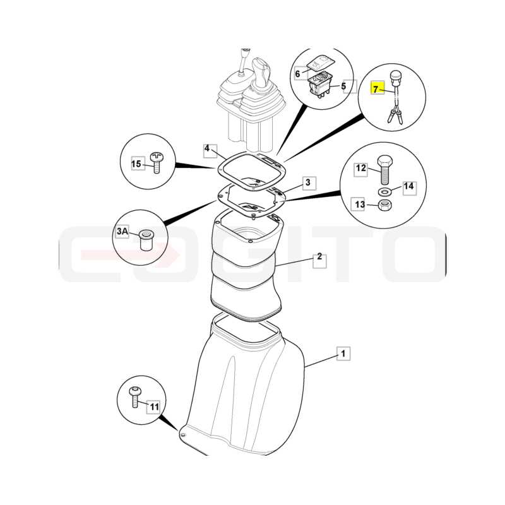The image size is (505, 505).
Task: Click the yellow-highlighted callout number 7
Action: coord(375,88)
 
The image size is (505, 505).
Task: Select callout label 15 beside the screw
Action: coord(136,164)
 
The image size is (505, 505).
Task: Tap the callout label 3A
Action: coord(122,231)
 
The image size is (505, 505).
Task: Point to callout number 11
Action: coord(155,407)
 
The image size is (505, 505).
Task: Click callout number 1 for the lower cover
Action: coord(343,353)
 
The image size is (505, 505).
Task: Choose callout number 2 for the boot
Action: coord(319,256)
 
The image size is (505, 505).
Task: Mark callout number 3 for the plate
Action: coord(308,182)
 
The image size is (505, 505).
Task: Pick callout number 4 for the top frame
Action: coord(207,148)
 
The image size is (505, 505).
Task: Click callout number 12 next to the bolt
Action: coord(361,168)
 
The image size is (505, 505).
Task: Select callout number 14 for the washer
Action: coord(408,186)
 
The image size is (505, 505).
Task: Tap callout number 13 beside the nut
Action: coord(360,204)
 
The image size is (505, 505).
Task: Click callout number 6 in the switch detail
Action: coord(297,74)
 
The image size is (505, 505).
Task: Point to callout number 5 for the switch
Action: coord(343,86)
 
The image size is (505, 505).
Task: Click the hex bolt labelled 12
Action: coord(384,170)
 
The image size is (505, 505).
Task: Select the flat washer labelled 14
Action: coord(384,193)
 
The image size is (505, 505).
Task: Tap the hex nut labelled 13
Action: coord(384,205)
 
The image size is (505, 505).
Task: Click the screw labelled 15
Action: coord(157,163)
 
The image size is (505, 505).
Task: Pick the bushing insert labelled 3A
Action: coord(146,240)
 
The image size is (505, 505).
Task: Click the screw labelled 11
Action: coord(134,398)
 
